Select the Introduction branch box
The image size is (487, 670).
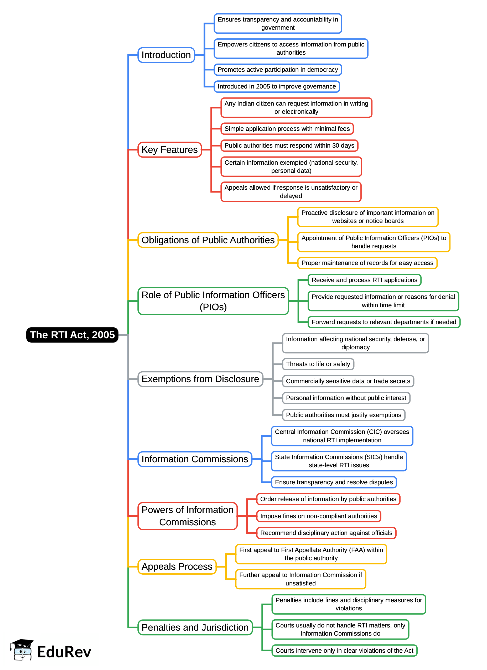click(x=166, y=55)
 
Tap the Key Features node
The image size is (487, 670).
click(x=169, y=150)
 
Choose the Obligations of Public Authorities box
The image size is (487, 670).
click(x=208, y=240)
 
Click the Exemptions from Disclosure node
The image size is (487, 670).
click(x=200, y=379)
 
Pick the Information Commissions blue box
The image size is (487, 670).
click(x=194, y=459)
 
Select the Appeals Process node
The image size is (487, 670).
click(x=177, y=567)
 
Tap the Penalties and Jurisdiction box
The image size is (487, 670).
click(x=195, y=627)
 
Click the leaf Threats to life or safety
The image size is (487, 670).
click(x=318, y=364)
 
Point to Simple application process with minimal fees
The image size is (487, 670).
click(x=287, y=129)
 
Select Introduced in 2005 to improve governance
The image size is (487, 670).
click(x=277, y=87)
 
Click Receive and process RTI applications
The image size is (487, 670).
click(x=364, y=280)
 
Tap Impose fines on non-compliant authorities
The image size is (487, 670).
click(x=318, y=516)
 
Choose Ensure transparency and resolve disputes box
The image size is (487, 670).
click(x=334, y=482)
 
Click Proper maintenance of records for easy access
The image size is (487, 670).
click(x=367, y=263)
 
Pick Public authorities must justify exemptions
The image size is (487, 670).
click(x=343, y=415)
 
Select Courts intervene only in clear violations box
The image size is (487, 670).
click(x=344, y=651)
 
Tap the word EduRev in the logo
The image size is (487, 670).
click(x=64, y=652)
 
